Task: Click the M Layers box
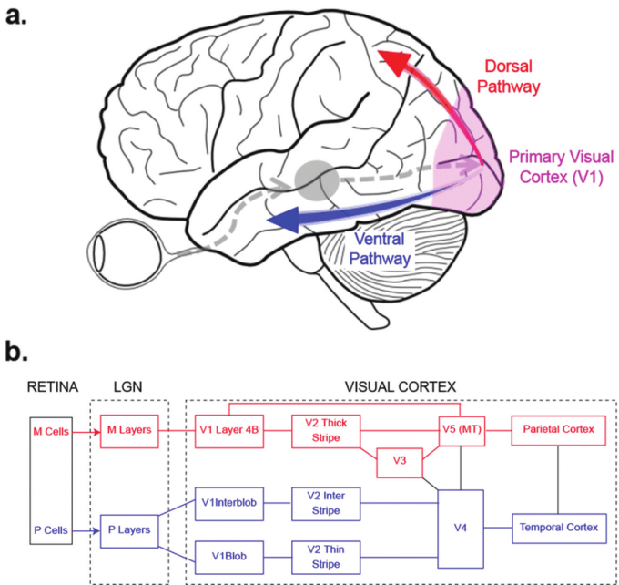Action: click(x=129, y=429)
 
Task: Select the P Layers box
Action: click(x=129, y=528)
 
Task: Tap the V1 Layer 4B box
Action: click(x=228, y=429)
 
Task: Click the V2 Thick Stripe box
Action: click(x=325, y=429)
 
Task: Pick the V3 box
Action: click(x=400, y=461)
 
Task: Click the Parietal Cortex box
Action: click(x=558, y=429)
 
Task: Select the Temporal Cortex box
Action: click(x=558, y=528)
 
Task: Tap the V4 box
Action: click(x=462, y=528)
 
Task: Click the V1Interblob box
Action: click(x=228, y=503)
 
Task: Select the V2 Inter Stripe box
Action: click(x=325, y=503)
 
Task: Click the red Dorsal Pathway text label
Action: click(x=509, y=77)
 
